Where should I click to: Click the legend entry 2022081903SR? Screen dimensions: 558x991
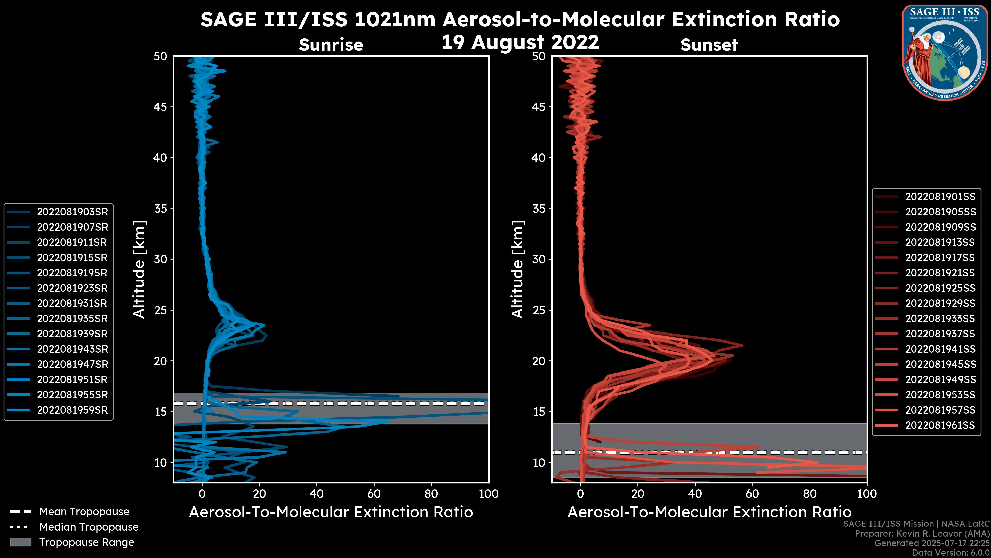(72, 212)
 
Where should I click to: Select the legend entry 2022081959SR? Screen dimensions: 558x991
(72, 410)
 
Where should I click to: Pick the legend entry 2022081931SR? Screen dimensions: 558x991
(72, 304)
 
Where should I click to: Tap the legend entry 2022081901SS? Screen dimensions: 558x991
(940, 197)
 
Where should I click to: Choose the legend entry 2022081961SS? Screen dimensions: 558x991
(940, 425)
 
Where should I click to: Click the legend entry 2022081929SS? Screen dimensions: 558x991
(940, 304)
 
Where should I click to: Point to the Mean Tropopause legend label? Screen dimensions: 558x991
(84, 512)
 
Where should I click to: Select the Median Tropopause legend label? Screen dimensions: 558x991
(89, 527)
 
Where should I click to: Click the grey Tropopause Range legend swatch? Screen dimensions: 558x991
(20, 542)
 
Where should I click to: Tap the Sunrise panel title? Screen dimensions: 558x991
(331, 45)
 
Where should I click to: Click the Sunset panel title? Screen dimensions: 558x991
(709, 45)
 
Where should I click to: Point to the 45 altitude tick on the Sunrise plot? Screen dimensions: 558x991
(161, 107)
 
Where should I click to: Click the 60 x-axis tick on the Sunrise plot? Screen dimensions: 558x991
(374, 494)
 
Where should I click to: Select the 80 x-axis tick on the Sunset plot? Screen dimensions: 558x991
(810, 494)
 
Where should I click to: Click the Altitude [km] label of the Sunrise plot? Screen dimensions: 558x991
(139, 269)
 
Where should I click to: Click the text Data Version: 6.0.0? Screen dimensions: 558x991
(951, 553)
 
